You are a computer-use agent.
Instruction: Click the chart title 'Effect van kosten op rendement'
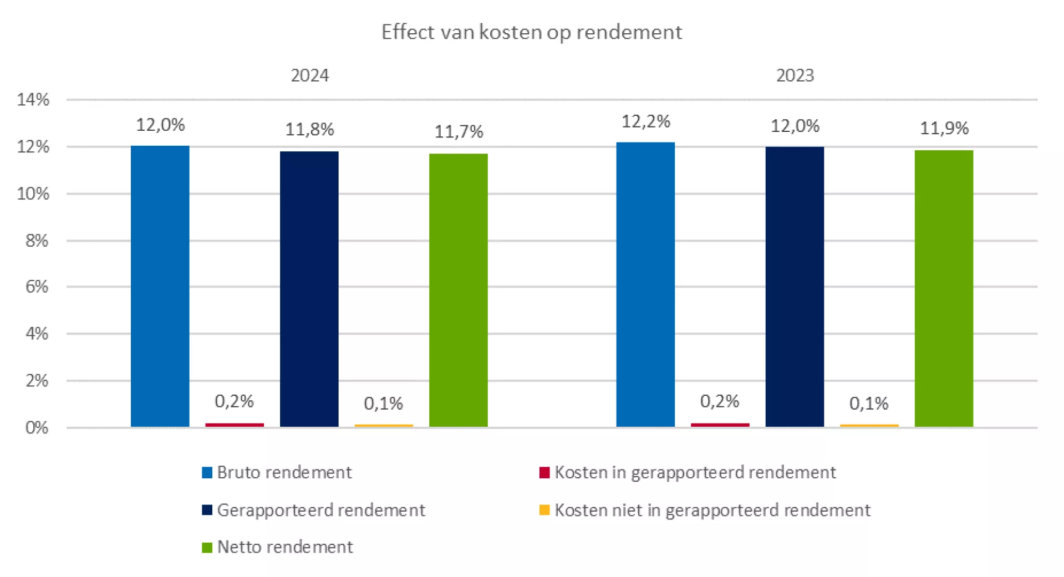(x=531, y=32)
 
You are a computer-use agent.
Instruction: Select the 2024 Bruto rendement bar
(x=160, y=286)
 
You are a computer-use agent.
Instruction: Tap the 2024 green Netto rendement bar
(x=458, y=290)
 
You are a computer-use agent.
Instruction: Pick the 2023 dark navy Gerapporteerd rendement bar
(x=794, y=287)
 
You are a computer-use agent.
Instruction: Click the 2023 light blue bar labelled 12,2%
(x=645, y=284)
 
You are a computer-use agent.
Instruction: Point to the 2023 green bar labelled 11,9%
(x=944, y=288)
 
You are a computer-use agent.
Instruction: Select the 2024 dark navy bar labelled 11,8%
(x=309, y=289)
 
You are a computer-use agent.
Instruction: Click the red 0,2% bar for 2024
(x=235, y=425)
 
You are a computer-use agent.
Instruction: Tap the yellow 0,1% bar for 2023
(x=869, y=426)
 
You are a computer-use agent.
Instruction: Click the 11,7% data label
(x=459, y=132)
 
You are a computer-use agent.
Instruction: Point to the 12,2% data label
(x=645, y=121)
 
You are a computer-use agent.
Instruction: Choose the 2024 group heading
(x=309, y=75)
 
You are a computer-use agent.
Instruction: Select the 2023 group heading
(x=795, y=75)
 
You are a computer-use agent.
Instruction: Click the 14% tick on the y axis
(x=33, y=100)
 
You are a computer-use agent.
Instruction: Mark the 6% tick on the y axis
(x=37, y=287)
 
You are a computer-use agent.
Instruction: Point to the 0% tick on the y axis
(x=37, y=427)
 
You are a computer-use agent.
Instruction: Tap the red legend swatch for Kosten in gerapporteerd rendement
(x=544, y=472)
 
